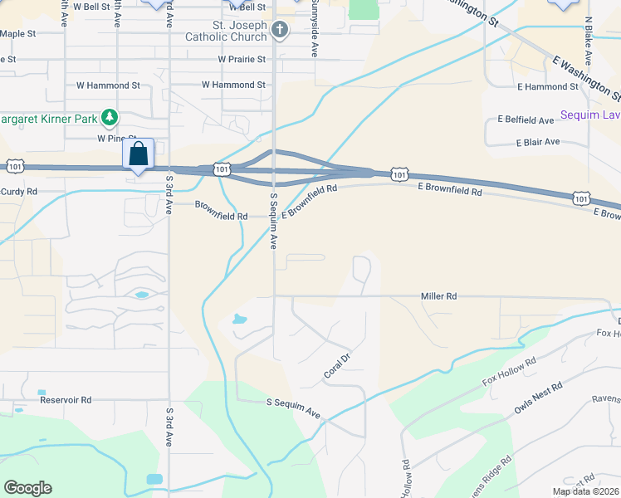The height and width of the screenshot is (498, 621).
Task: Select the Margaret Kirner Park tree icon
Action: point(109,116)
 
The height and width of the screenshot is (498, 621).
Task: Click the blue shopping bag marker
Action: point(139,154)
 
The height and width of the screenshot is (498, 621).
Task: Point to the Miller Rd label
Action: point(438,295)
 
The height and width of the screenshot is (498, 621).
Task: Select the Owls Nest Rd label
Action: point(538,398)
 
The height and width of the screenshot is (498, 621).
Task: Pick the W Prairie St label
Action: point(242,60)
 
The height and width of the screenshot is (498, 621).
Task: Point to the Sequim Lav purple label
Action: point(590,115)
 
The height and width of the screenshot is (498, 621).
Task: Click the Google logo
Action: point(27,488)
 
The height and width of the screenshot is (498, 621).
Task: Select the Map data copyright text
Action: point(586,491)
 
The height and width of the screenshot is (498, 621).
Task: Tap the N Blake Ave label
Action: point(588,41)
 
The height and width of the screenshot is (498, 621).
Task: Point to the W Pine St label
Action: point(117,139)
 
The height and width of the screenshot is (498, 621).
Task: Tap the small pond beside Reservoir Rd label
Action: point(42,392)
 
